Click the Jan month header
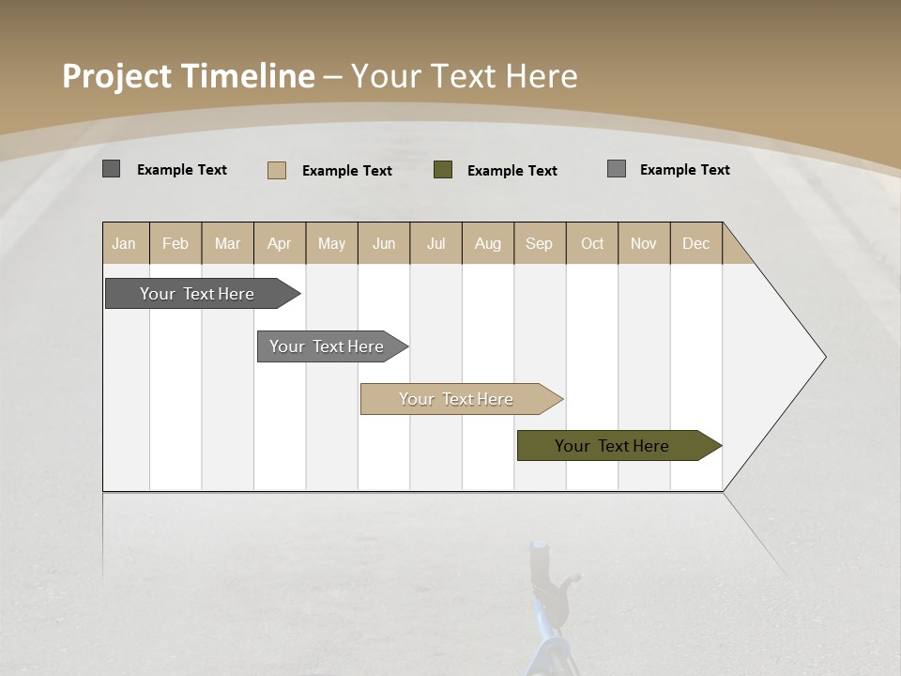click(125, 243)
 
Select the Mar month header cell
click(227, 243)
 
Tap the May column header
click(331, 243)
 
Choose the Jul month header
click(435, 243)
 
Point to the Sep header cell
click(539, 243)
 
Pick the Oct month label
click(592, 243)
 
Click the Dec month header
click(695, 243)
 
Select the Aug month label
click(487, 243)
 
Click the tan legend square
click(277, 170)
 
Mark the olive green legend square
click(443, 170)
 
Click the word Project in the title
click(118, 76)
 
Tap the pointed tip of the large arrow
click(823, 357)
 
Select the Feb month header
click(176, 243)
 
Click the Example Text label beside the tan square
click(346, 171)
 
